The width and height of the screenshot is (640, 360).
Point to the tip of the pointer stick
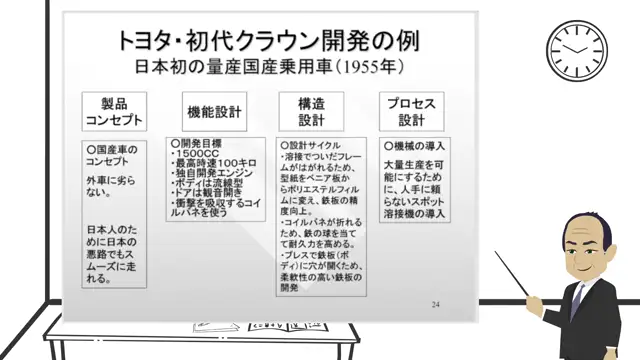494,254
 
